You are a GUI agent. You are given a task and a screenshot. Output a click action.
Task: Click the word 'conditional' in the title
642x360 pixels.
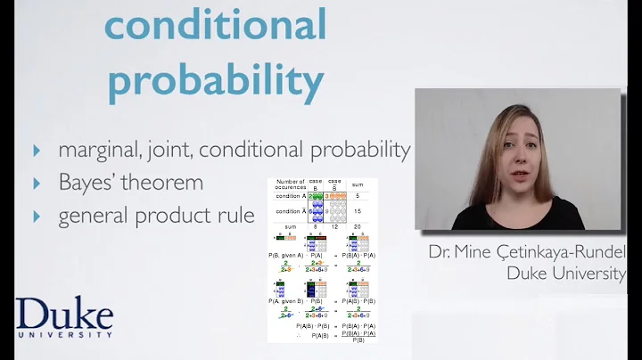[x=215, y=25]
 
